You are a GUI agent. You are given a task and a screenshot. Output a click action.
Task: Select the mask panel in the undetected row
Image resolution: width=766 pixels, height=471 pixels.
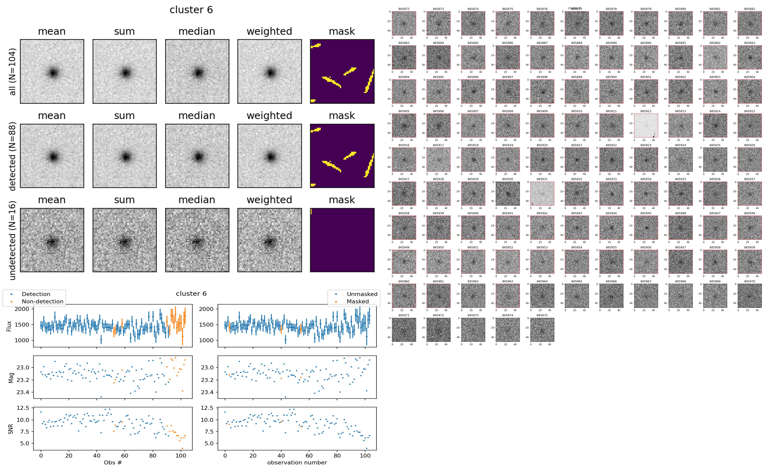click(342, 240)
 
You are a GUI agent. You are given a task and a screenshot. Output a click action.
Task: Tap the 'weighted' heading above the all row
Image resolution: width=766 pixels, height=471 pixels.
click(269, 32)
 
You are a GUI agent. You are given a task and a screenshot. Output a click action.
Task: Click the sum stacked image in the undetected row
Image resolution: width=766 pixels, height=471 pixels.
click(124, 240)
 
